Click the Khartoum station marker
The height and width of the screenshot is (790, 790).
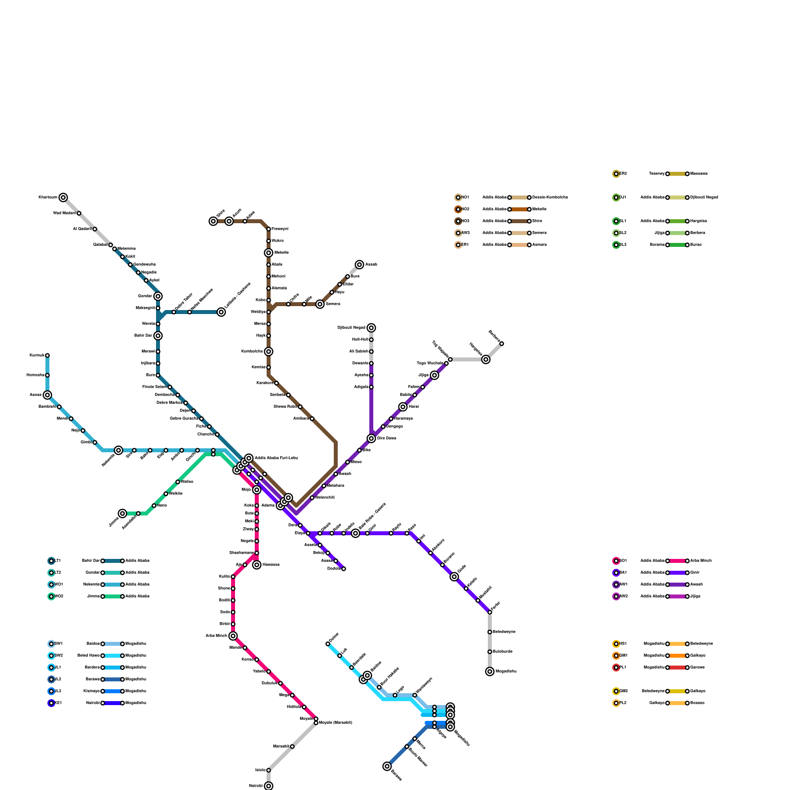63,197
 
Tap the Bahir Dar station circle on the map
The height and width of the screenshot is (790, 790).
158,336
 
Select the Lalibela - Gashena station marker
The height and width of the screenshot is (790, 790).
221,312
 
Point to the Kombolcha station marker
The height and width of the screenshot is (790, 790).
269,352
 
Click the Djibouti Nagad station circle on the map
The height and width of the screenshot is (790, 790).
371,328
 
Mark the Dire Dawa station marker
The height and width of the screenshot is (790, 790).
371,438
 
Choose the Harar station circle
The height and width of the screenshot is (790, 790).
403,407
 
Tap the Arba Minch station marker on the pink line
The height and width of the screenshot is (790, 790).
233,636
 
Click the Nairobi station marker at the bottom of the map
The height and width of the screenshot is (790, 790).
269,786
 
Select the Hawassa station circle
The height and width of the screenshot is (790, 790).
257,565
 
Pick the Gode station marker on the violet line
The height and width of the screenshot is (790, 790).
454,577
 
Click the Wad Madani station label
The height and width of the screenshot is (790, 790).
64,213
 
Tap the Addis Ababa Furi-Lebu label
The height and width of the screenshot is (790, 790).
276,458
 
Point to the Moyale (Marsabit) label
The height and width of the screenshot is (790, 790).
336,723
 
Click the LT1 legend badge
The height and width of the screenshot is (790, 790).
51,561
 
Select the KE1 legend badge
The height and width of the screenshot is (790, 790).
51,703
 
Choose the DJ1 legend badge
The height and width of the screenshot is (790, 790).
616,197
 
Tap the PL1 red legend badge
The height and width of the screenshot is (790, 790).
616,668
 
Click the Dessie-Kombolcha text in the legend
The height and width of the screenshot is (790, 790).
550,197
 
